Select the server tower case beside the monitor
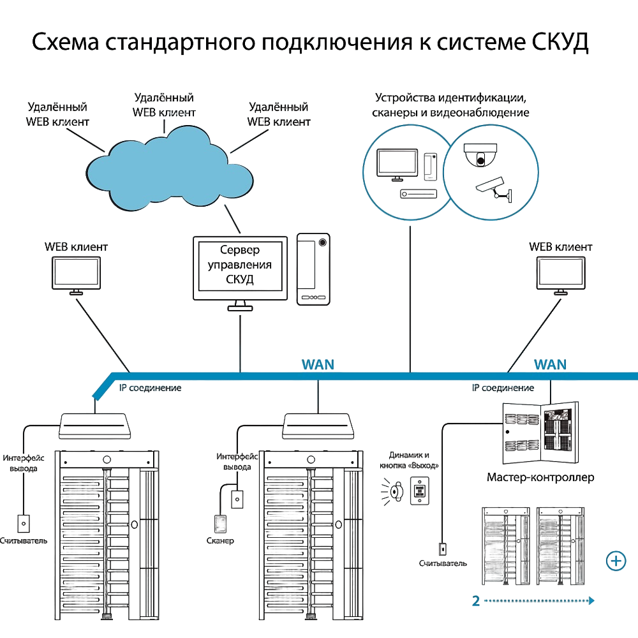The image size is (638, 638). [313, 269]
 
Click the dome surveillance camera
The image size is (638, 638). [480, 155]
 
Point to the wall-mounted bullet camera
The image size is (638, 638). [494, 189]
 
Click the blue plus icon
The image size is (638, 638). [616, 561]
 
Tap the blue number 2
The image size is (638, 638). [476, 601]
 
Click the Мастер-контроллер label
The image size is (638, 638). [540, 477]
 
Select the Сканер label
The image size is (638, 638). [220, 541]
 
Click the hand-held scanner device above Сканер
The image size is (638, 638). [221, 524]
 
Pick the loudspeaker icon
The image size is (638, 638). [392, 492]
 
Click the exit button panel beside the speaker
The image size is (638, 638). [420, 491]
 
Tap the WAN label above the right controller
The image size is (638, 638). [550, 364]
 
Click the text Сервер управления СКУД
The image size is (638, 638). [240, 265]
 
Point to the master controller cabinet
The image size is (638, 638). [540, 433]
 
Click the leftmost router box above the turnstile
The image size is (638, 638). [95, 426]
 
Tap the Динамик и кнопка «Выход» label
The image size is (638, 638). [409, 460]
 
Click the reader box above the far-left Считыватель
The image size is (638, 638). [24, 524]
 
